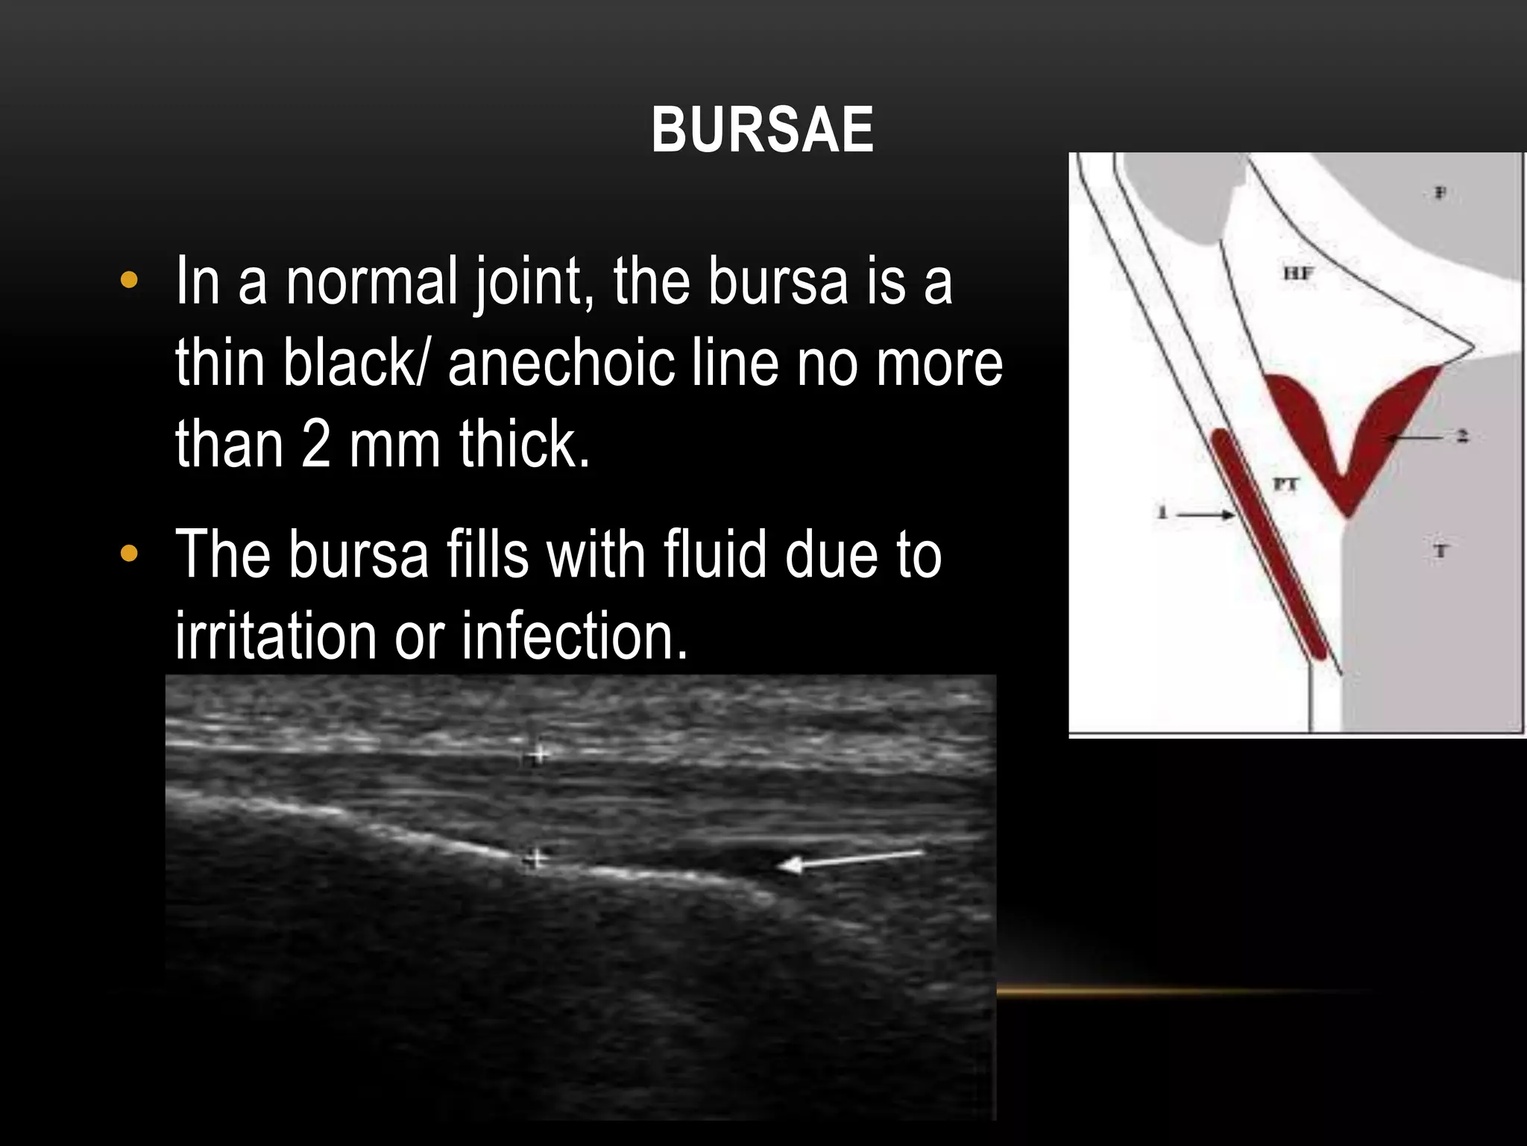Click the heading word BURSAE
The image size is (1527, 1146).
click(762, 131)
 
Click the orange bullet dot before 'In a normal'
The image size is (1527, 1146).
click(129, 281)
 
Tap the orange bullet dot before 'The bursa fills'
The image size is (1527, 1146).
click(129, 554)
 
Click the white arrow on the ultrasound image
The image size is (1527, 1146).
click(850, 860)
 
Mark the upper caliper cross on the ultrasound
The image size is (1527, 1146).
click(536, 754)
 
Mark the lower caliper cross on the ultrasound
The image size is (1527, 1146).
click(533, 859)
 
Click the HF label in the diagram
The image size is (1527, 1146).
click(1298, 274)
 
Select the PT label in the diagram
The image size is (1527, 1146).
click(1285, 484)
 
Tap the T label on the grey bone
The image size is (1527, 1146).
click(1440, 551)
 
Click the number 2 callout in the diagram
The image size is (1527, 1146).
click(1462, 436)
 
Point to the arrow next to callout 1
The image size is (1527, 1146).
click(1206, 514)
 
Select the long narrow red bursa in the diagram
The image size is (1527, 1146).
click(1268, 545)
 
